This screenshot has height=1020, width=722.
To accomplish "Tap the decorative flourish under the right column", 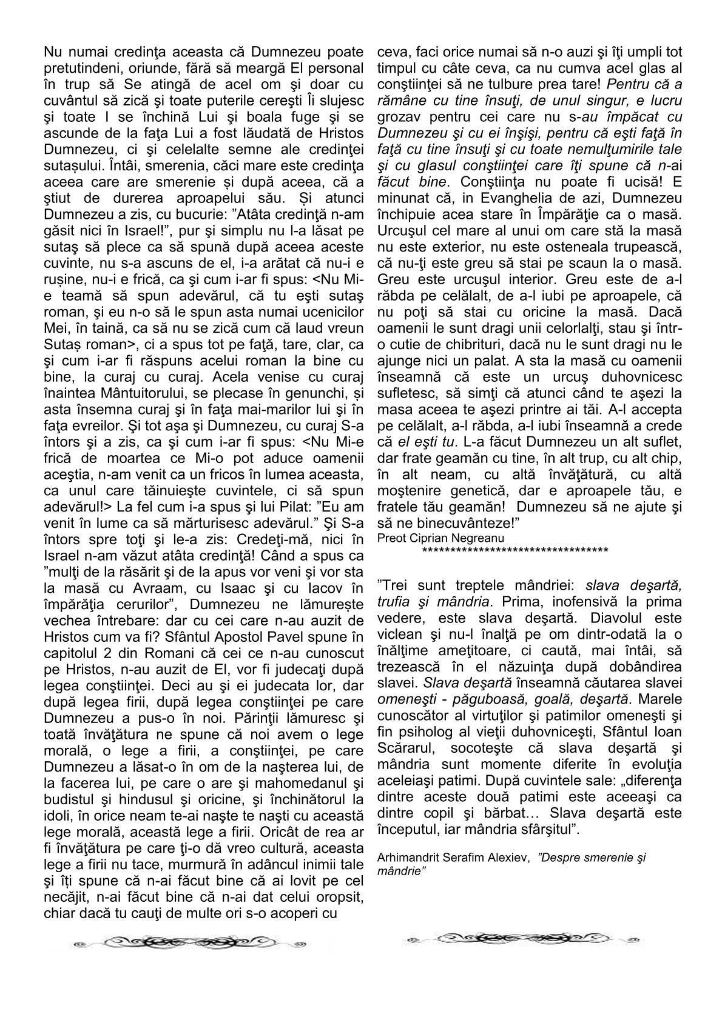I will (521, 939).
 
